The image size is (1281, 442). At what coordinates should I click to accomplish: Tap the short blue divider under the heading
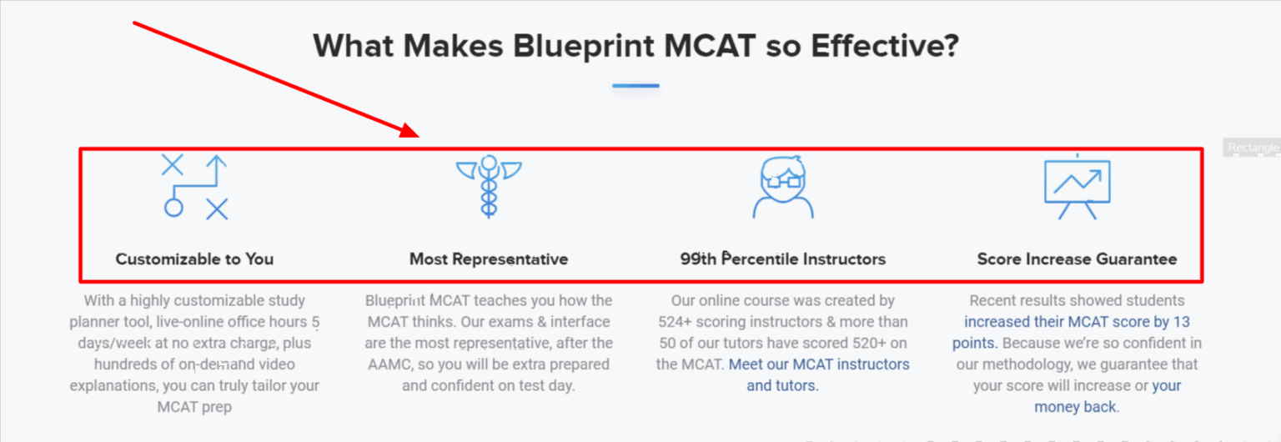[x=635, y=85]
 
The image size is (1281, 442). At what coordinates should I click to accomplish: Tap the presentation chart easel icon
[x=1077, y=187]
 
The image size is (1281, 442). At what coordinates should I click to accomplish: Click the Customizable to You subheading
[x=194, y=259]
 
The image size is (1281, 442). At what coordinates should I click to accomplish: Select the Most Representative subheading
[x=489, y=259]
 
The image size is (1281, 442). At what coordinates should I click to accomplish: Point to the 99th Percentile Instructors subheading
[x=782, y=259]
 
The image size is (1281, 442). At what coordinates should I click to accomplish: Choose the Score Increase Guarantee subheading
[x=1077, y=259]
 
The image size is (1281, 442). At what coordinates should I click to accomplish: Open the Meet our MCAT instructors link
[x=819, y=364]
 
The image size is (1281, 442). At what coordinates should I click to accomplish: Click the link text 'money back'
[x=1075, y=407]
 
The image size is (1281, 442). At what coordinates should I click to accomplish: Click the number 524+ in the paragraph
[x=695, y=322]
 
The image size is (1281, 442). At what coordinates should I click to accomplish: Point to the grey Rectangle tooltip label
[x=1253, y=148]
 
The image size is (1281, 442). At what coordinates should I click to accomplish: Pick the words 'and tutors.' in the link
[x=782, y=386]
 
